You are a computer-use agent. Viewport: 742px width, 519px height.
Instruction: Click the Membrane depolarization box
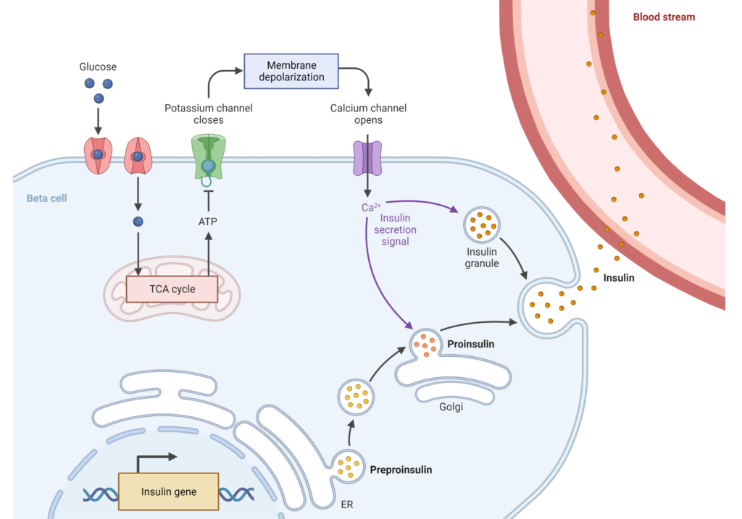click(291, 71)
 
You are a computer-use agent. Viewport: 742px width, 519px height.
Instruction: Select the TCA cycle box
click(173, 289)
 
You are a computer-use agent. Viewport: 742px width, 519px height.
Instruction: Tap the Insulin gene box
click(168, 491)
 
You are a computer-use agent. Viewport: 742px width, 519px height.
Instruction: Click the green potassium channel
click(208, 157)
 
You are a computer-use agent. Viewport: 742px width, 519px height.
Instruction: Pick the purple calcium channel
click(367, 158)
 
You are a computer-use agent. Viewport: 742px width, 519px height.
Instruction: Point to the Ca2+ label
click(371, 208)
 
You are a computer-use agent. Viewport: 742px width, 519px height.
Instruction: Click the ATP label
click(208, 221)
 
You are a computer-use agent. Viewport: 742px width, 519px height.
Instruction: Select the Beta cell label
click(46, 198)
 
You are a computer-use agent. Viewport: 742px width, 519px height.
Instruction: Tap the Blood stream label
click(664, 17)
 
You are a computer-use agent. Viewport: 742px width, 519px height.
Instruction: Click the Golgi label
click(451, 407)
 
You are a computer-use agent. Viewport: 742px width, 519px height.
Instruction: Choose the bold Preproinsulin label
click(401, 470)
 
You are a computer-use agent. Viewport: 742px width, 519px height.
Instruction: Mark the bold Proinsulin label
click(471, 344)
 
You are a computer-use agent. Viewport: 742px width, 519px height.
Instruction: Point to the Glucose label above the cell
click(98, 66)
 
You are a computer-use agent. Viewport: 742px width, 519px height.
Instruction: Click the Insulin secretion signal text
click(395, 230)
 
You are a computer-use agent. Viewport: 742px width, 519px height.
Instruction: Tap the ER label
click(346, 504)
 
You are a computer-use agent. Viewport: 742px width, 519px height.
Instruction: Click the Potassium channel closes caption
click(208, 114)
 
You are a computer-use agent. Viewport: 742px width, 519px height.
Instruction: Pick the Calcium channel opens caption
click(368, 114)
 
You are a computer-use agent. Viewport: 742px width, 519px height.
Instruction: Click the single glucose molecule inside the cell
click(138, 221)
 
